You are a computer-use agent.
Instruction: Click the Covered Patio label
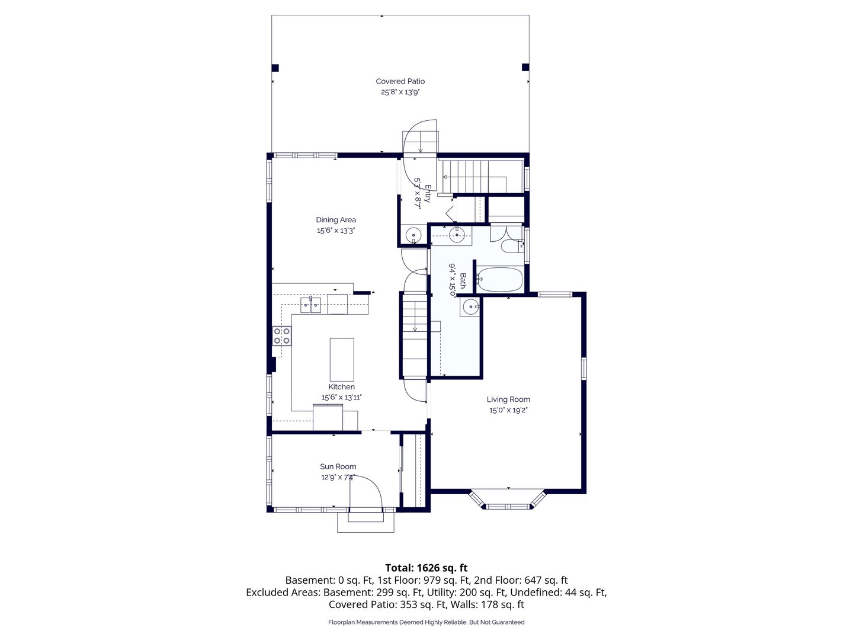point(400,81)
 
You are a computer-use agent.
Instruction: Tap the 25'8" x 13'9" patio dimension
point(400,92)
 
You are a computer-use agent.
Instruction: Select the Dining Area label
point(336,219)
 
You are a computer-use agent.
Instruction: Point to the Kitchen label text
point(341,386)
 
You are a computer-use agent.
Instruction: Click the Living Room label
point(508,399)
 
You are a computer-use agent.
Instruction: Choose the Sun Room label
point(338,466)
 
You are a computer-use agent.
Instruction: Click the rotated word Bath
point(463,280)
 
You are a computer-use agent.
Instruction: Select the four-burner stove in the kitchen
point(282,336)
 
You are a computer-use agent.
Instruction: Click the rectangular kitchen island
point(342,360)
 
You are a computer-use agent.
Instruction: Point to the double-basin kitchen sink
point(310,305)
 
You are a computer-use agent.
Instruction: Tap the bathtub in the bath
point(499,279)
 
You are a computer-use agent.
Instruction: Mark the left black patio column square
point(275,68)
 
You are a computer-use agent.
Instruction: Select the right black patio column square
point(525,67)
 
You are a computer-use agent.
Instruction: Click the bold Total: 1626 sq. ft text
point(426,568)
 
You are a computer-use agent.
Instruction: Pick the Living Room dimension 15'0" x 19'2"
point(508,410)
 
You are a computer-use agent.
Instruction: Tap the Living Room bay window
point(508,501)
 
